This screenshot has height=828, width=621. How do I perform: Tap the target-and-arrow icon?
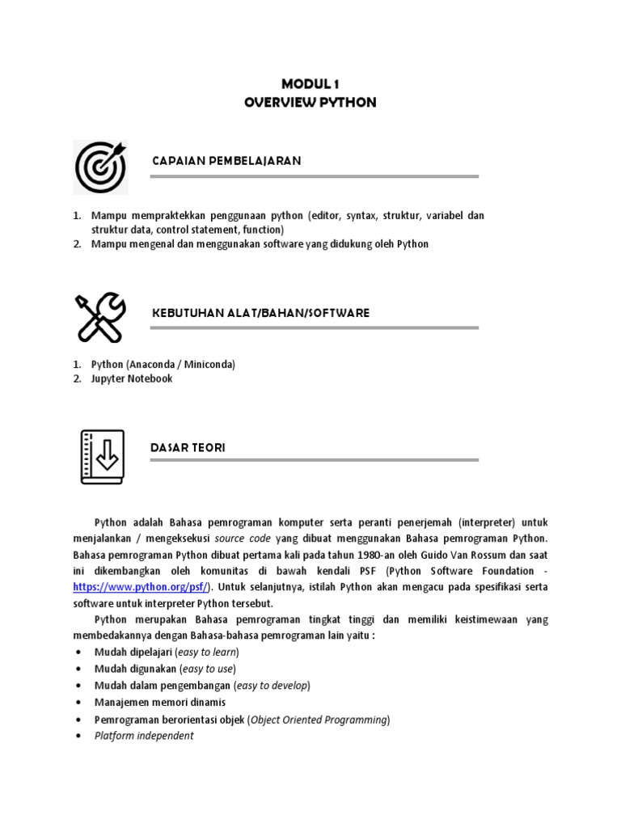[x=101, y=167]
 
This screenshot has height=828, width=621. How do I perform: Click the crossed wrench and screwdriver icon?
[x=101, y=318]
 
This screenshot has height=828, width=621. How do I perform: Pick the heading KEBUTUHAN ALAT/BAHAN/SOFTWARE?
[x=260, y=313]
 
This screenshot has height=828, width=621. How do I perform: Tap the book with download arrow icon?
[x=102, y=456]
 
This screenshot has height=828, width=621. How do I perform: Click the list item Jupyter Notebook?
[x=132, y=378]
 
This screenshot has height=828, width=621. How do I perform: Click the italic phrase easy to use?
[x=208, y=669]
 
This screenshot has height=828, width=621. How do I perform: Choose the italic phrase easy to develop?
[x=272, y=686]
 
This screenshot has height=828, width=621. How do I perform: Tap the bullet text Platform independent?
[x=144, y=736]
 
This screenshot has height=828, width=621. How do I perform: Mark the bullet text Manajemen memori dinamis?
[x=160, y=703]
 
